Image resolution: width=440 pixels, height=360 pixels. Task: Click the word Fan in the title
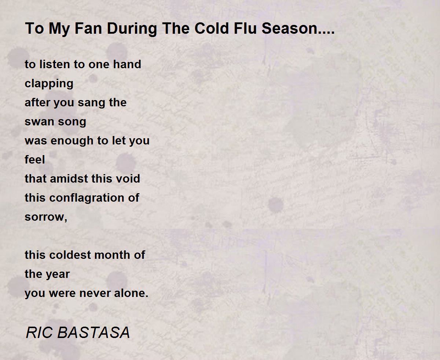88,28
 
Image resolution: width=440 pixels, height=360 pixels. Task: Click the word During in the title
132,29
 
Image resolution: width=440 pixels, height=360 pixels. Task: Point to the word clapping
49,84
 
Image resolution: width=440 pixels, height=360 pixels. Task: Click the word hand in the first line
127,64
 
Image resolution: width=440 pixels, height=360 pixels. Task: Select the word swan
38,122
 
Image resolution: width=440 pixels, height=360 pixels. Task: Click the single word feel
35,159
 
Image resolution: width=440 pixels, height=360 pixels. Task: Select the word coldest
70,255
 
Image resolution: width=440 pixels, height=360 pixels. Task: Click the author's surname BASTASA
93,333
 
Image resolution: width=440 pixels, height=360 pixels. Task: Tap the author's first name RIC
39,333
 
